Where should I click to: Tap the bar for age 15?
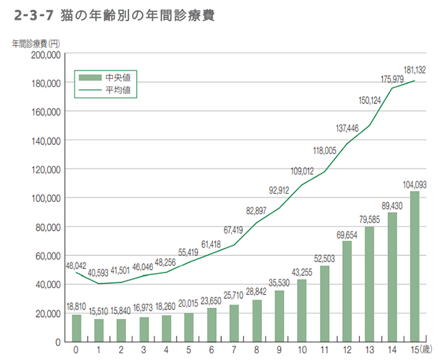[415, 266]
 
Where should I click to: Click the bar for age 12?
[347, 291]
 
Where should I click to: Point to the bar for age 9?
[279, 316]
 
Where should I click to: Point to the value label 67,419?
[233, 230]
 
